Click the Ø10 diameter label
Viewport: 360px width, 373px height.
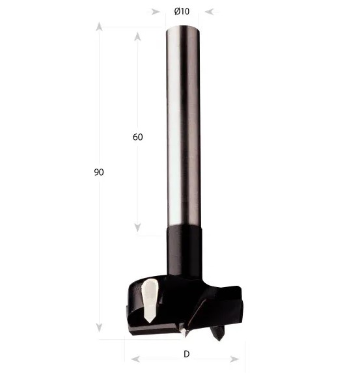tap(182, 12)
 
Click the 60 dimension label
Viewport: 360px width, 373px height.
tap(138, 137)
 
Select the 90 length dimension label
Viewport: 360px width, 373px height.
tap(99, 172)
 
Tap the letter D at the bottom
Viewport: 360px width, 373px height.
tap(187, 354)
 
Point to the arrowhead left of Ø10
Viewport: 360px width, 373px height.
tap(156, 12)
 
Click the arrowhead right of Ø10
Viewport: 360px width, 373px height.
tap(210, 12)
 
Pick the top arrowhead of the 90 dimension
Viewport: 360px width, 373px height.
tap(99, 27)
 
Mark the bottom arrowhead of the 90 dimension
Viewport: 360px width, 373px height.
tap(99, 327)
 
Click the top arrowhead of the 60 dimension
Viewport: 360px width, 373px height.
tap(137, 36)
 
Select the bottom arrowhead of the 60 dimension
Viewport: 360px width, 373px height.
tap(137, 227)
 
